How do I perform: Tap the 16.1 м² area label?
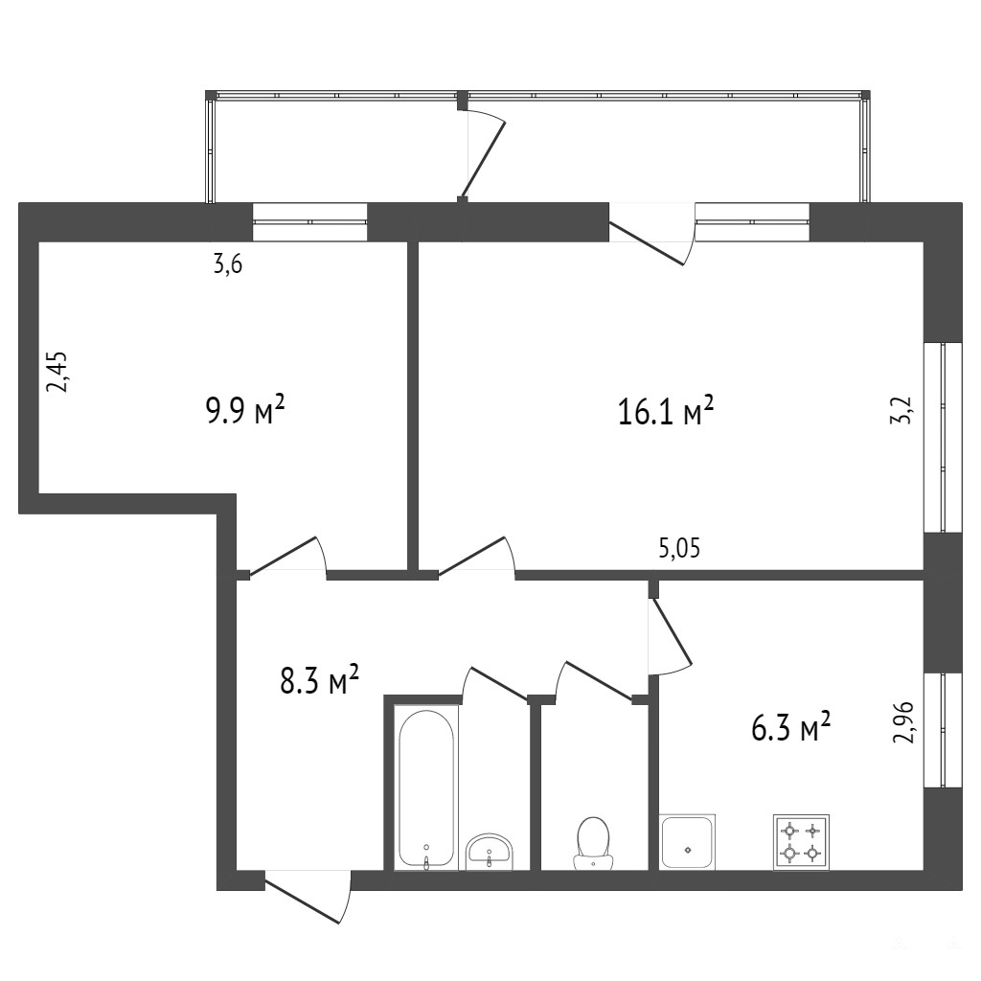coord(666,411)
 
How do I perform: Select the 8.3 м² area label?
coord(319,680)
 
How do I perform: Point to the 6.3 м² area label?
coord(790,728)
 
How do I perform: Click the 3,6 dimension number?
coord(228,265)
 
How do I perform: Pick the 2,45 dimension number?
coord(58,372)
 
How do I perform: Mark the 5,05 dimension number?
coord(679,549)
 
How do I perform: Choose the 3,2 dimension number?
coord(903,410)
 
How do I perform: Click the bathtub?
coord(426,788)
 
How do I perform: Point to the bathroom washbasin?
coord(490,852)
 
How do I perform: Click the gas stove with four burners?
coord(802,842)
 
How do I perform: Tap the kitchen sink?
coord(688,842)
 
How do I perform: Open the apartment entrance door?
coord(308,897)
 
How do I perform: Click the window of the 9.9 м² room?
coord(309,221)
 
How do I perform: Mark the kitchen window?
coord(943,729)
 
